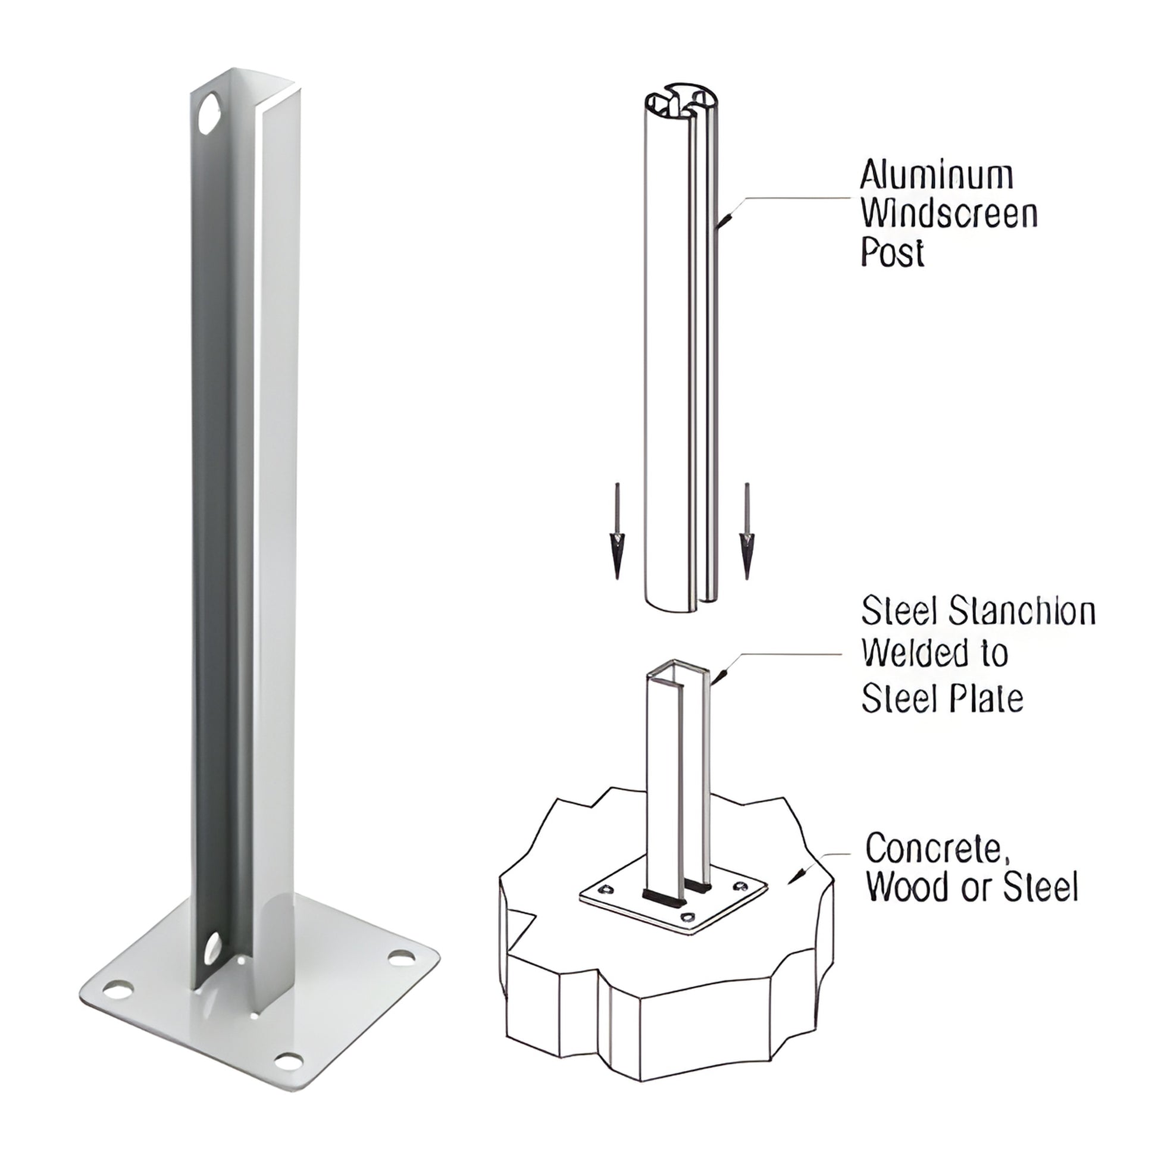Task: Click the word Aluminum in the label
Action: coord(937,176)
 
